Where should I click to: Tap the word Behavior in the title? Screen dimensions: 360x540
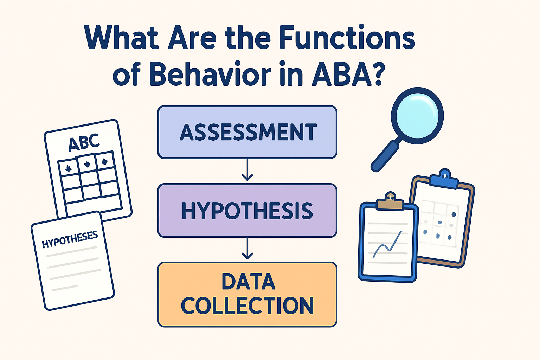(210, 75)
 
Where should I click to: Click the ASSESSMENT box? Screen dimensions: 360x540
(247, 132)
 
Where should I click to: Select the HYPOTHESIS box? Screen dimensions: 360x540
(247, 211)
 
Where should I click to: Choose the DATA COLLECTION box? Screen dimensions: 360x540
(247, 294)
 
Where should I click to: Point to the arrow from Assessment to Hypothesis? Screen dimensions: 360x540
(247, 171)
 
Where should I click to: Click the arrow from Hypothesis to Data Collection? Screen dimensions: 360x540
(247, 249)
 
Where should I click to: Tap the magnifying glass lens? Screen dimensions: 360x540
(417, 115)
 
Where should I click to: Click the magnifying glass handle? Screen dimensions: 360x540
(385, 156)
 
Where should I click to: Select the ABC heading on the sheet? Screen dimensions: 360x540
(84, 142)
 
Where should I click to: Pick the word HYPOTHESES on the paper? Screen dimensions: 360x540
(70, 239)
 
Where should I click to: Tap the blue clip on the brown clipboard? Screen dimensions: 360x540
(444, 179)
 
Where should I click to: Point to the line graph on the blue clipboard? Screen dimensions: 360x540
(387, 244)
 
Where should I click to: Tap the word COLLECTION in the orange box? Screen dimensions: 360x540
(247, 305)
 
